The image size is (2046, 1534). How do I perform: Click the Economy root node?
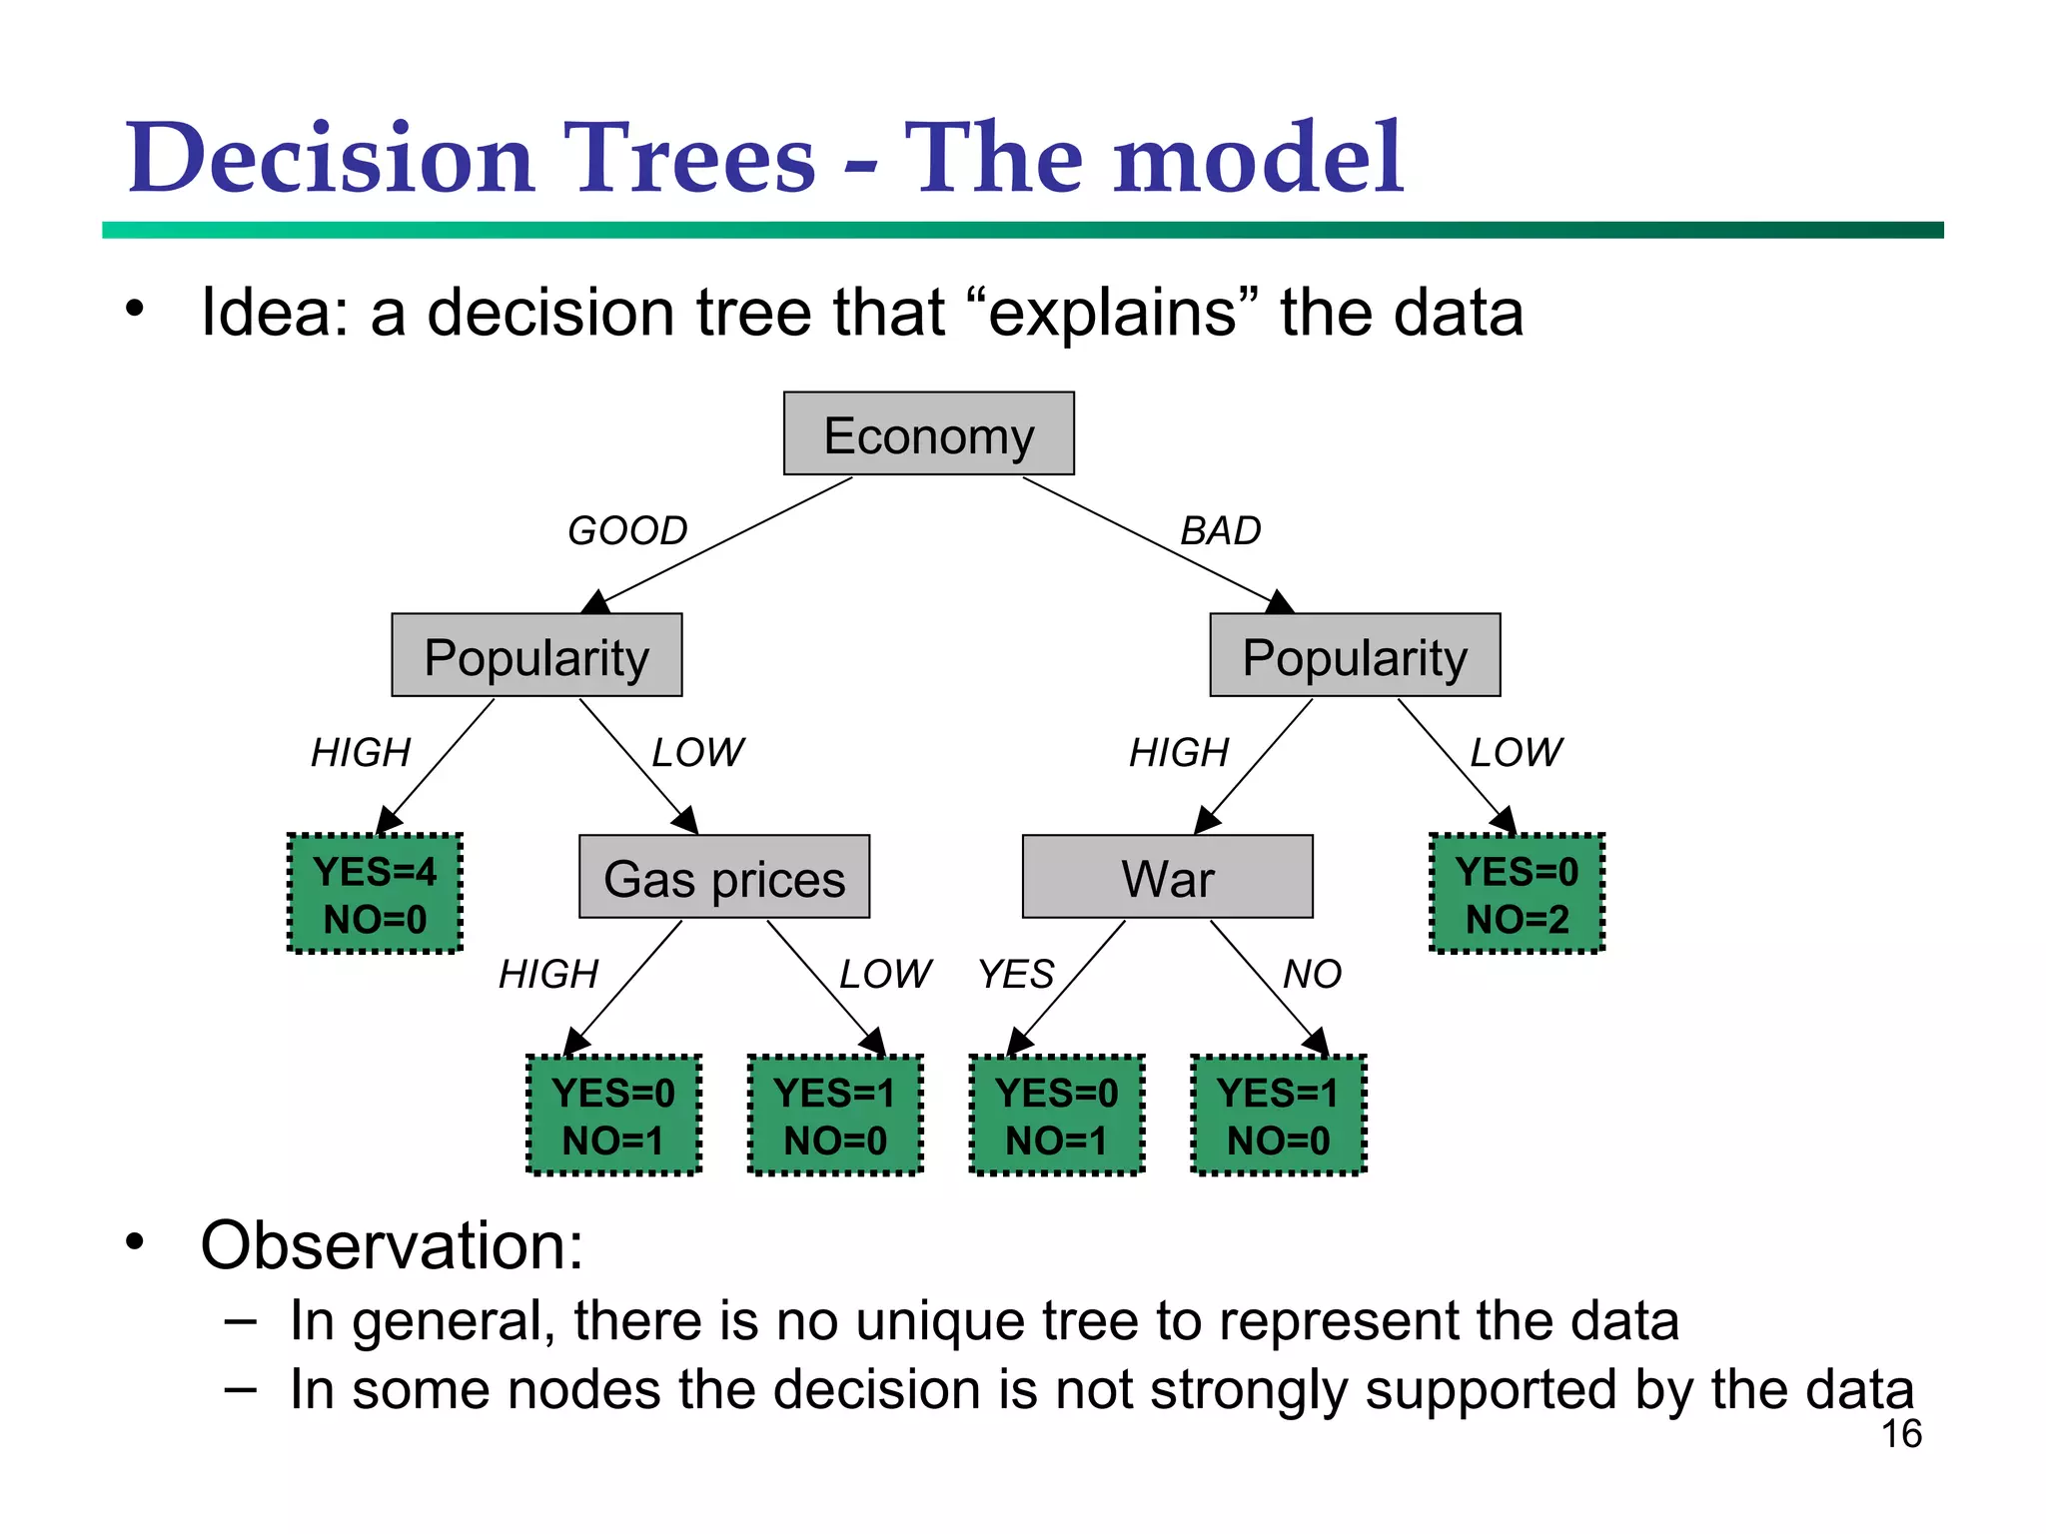point(928,434)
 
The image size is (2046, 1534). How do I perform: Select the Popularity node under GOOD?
point(536,656)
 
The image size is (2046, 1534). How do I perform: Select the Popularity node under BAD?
point(1355,656)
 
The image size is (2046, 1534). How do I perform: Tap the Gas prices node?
point(724,878)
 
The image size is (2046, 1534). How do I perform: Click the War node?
point(1167,878)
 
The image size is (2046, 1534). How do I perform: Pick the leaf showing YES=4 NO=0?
point(375,894)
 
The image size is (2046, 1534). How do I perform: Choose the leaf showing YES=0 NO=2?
point(1517,894)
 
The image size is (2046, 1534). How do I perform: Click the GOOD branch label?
point(627,530)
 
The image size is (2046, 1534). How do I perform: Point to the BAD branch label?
point(1221,530)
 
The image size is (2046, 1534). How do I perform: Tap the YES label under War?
point(1016,974)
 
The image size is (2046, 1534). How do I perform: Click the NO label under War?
point(1312,974)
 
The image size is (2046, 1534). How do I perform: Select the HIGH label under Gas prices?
point(548,974)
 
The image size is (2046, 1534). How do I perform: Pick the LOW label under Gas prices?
point(885,974)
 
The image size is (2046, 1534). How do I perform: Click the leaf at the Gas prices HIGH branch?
point(613,1116)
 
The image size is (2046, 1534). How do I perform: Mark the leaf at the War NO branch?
point(1278,1116)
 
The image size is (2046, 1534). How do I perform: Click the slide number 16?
point(1901,1434)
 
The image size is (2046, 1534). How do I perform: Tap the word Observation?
point(391,1246)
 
